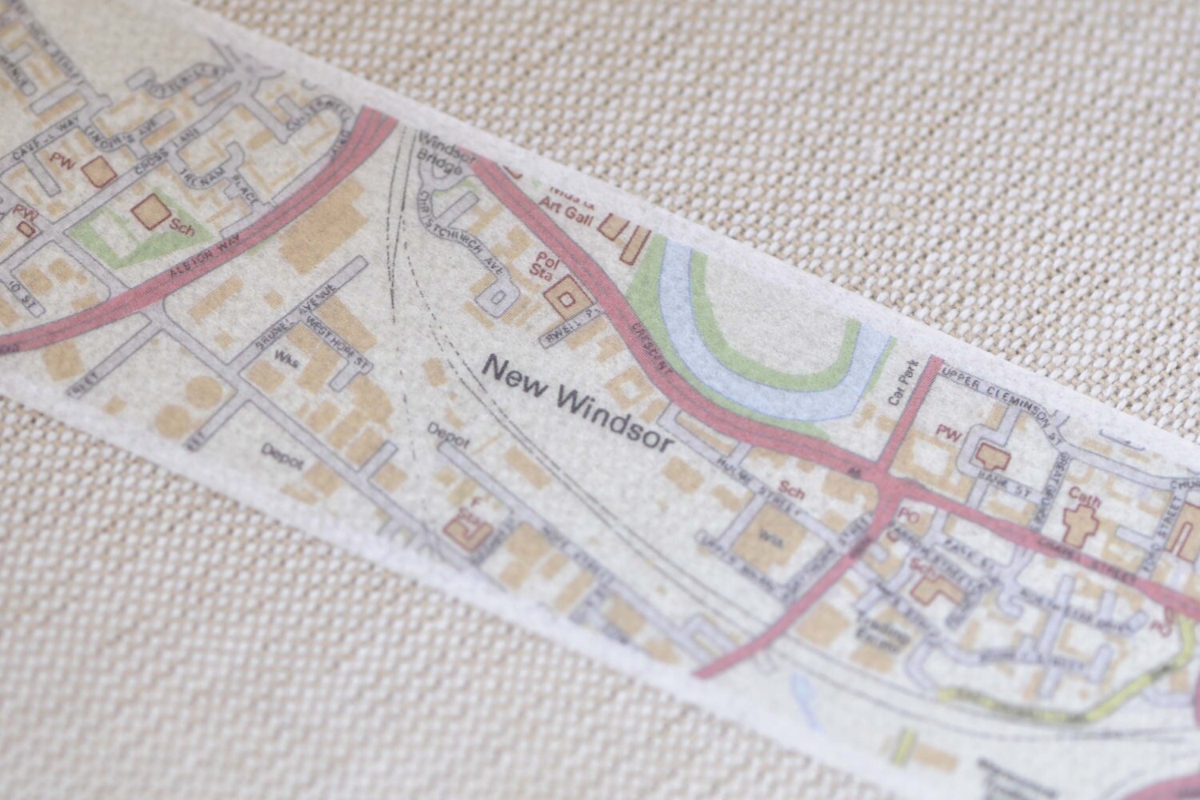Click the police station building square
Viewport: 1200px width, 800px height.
(566, 298)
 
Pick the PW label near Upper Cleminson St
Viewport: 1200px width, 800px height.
(950, 434)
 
